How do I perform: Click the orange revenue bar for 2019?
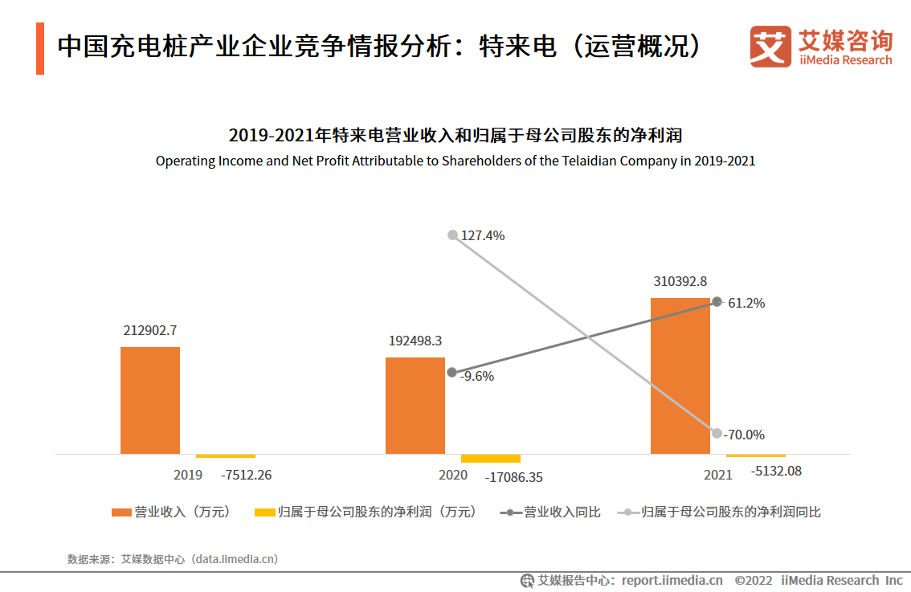(x=150, y=400)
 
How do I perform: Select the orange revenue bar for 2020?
(x=415, y=406)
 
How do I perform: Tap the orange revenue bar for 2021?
(x=680, y=376)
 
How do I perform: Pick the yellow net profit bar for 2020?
(x=490, y=458)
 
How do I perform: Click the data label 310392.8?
(x=680, y=281)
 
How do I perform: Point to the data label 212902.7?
(x=150, y=330)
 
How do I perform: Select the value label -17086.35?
(x=513, y=477)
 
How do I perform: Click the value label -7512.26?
(x=246, y=475)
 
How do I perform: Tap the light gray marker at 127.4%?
(x=452, y=235)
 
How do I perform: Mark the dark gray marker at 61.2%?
(x=717, y=302)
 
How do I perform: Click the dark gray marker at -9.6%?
(x=452, y=373)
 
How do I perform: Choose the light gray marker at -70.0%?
(x=717, y=433)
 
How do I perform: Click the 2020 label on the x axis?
(x=453, y=475)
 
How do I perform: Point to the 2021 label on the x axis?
(x=718, y=475)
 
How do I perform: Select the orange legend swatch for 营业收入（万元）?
(x=121, y=512)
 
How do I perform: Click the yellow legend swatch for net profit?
(x=264, y=512)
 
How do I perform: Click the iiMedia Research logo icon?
(x=770, y=47)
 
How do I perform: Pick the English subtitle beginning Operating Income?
(x=455, y=161)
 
